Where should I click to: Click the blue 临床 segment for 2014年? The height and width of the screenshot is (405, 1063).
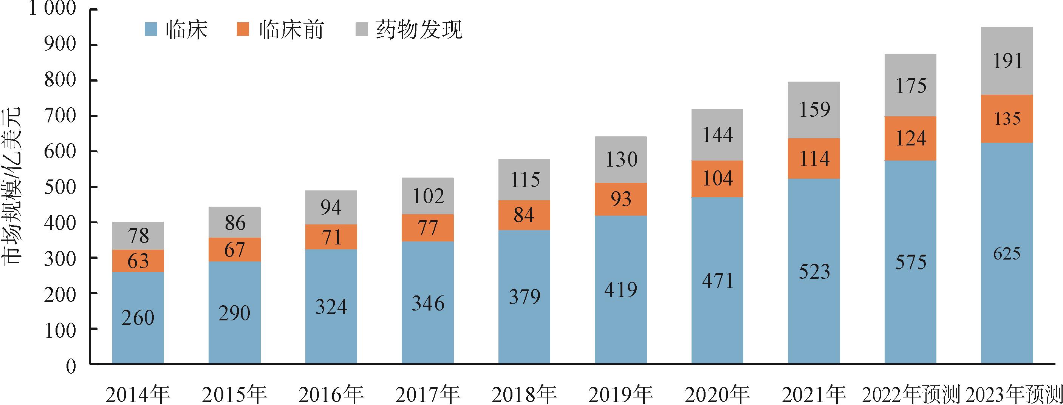click(x=138, y=318)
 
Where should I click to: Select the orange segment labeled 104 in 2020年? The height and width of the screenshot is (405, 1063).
click(x=717, y=179)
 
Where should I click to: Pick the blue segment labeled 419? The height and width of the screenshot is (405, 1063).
click(x=620, y=289)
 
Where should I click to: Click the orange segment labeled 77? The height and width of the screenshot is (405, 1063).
click(x=427, y=228)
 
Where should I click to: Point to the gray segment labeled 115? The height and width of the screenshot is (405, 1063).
click(x=524, y=180)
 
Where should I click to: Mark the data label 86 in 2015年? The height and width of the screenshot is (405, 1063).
click(x=235, y=223)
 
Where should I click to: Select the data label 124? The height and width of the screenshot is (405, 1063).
click(x=910, y=138)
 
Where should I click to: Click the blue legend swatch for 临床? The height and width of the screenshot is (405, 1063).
click(x=151, y=30)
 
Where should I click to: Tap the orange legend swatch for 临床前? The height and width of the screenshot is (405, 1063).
click(x=243, y=30)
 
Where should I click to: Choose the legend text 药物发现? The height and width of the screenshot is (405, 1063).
click(x=419, y=30)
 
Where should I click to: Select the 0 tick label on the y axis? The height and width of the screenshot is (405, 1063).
click(x=71, y=365)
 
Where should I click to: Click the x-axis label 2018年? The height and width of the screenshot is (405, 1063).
click(x=524, y=395)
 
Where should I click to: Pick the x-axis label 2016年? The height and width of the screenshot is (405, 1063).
click(x=331, y=395)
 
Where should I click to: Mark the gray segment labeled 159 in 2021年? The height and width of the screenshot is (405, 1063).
click(x=814, y=110)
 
